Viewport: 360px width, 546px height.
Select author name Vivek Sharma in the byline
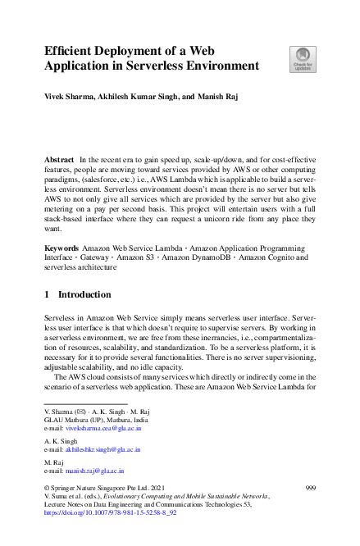point(69,97)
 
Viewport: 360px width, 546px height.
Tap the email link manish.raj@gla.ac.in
point(94,471)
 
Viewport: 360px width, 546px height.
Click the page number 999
point(309,488)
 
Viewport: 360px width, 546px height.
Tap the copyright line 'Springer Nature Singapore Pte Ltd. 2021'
point(110,488)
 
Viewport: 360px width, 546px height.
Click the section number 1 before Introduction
point(47,294)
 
